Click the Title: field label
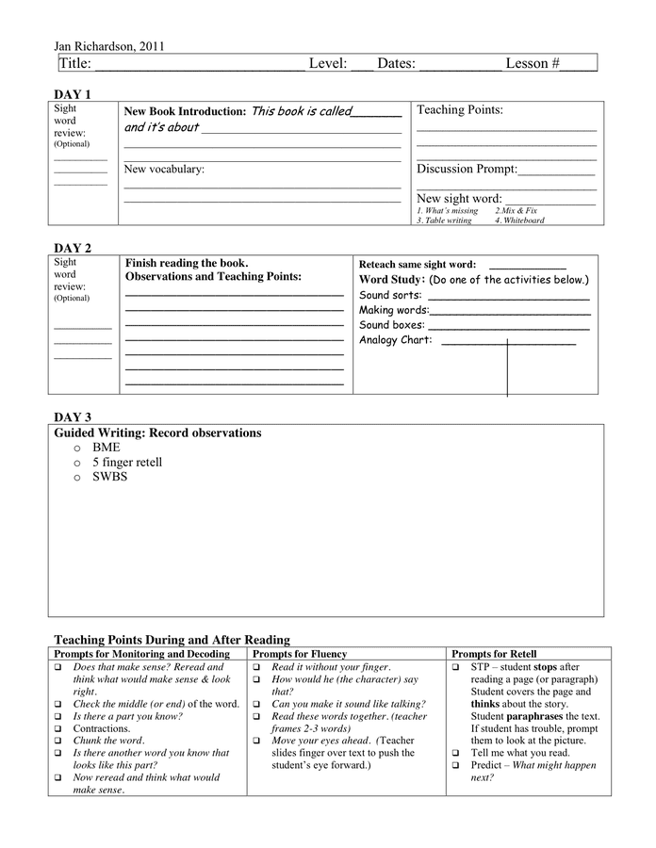[74, 63]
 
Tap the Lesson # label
[533, 63]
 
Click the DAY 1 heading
[73, 94]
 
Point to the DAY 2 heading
[73, 248]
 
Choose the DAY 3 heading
[73, 416]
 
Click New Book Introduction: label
[185, 111]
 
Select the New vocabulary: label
[164, 170]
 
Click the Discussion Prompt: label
[467, 170]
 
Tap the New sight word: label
[459, 199]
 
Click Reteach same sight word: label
[418, 265]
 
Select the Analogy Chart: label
[396, 340]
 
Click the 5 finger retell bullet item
[127, 463]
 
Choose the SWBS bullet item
[109, 477]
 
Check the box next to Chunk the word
[57, 741]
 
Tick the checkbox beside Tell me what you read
[455, 753]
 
